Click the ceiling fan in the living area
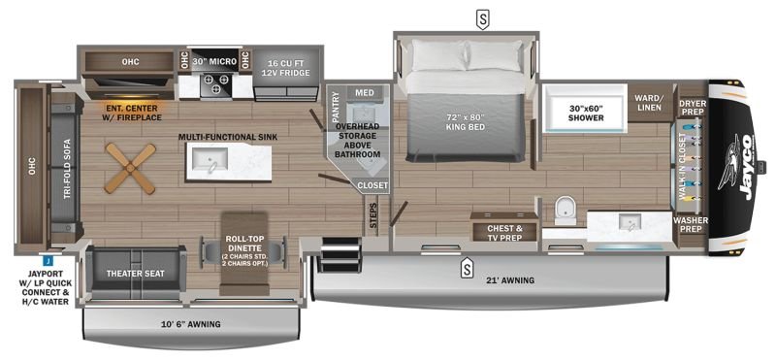tap(130, 169)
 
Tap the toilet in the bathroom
tap(566, 210)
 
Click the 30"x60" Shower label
tap(586, 114)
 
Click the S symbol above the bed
tap(482, 19)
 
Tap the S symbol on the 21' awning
tap(466, 269)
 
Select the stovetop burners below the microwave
tap(216, 83)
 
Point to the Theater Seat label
tap(136, 274)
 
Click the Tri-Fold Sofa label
tap(67, 170)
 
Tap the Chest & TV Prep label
tap(504, 233)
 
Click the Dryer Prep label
tap(693, 107)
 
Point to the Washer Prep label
tap(692, 224)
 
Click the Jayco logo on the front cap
tap(742, 167)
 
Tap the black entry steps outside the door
tap(339, 254)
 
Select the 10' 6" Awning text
tap(191, 325)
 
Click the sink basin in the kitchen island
tap(210, 158)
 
